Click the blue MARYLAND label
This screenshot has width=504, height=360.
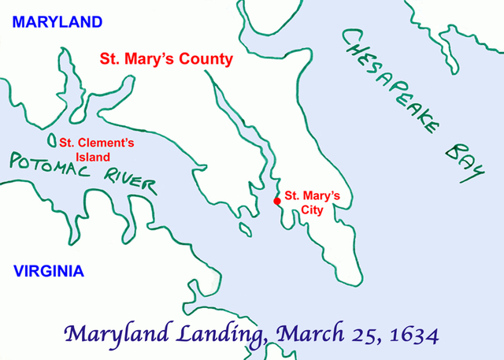coord(51,21)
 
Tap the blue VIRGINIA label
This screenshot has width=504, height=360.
coord(49,272)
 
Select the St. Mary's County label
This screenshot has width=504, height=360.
coord(165,58)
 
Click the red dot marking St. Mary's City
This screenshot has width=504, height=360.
coord(276,201)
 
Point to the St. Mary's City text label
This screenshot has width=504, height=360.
coord(312,202)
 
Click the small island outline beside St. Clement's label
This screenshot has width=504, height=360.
coord(52,143)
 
